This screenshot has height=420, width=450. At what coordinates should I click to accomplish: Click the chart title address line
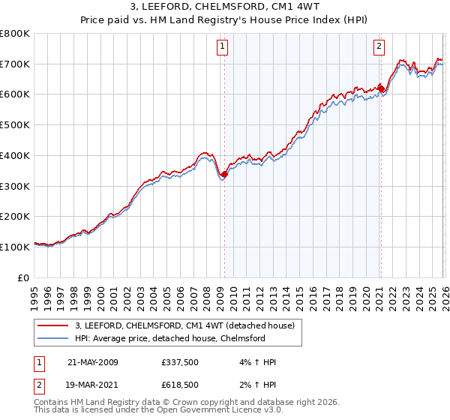(x=224, y=7)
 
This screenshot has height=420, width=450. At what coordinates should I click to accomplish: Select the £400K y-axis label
(x=15, y=155)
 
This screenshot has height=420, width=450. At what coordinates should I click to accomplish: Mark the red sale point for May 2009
(x=224, y=174)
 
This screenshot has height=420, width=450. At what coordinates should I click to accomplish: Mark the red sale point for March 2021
(x=381, y=88)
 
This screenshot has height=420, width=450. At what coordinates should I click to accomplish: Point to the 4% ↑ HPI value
(x=256, y=362)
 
